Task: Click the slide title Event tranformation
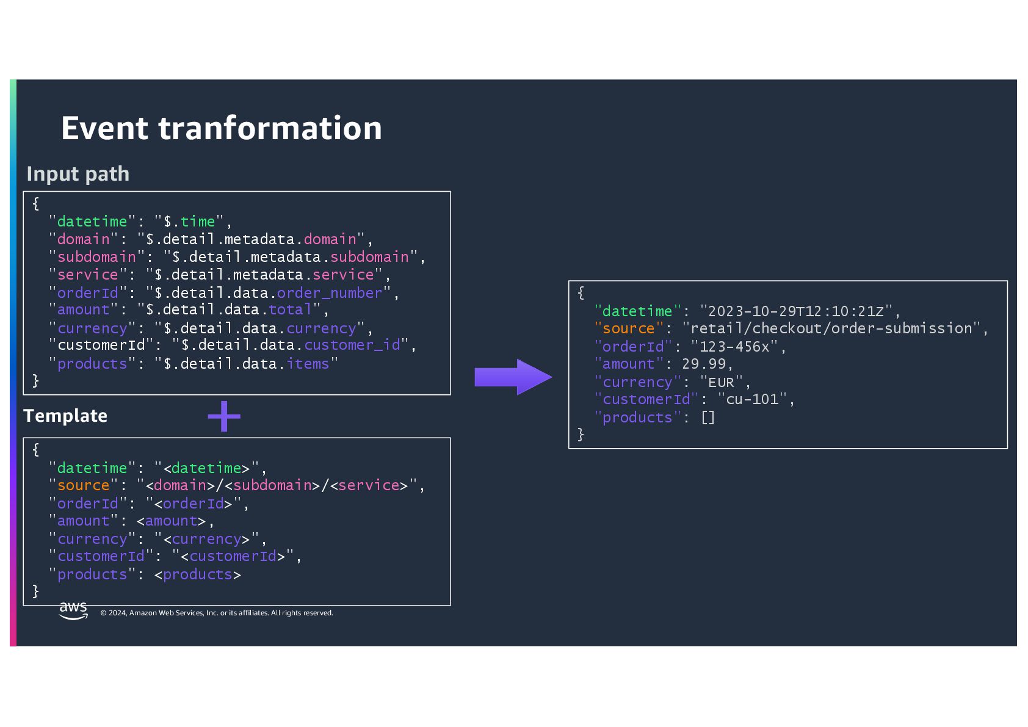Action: (222, 128)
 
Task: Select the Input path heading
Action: (78, 174)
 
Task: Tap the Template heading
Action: (65, 416)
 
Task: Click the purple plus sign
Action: (224, 416)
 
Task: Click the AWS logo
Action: (73, 610)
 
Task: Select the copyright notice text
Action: (217, 613)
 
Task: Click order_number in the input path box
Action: (330, 293)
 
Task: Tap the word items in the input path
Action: (308, 364)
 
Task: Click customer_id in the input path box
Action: (352, 345)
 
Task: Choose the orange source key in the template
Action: (83, 485)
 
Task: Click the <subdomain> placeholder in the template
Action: (272, 485)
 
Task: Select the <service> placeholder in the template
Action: (369, 485)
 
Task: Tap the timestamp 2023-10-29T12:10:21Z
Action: (796, 311)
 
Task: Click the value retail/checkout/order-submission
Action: (831, 328)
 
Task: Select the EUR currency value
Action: (721, 382)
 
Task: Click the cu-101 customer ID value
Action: (752, 399)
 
